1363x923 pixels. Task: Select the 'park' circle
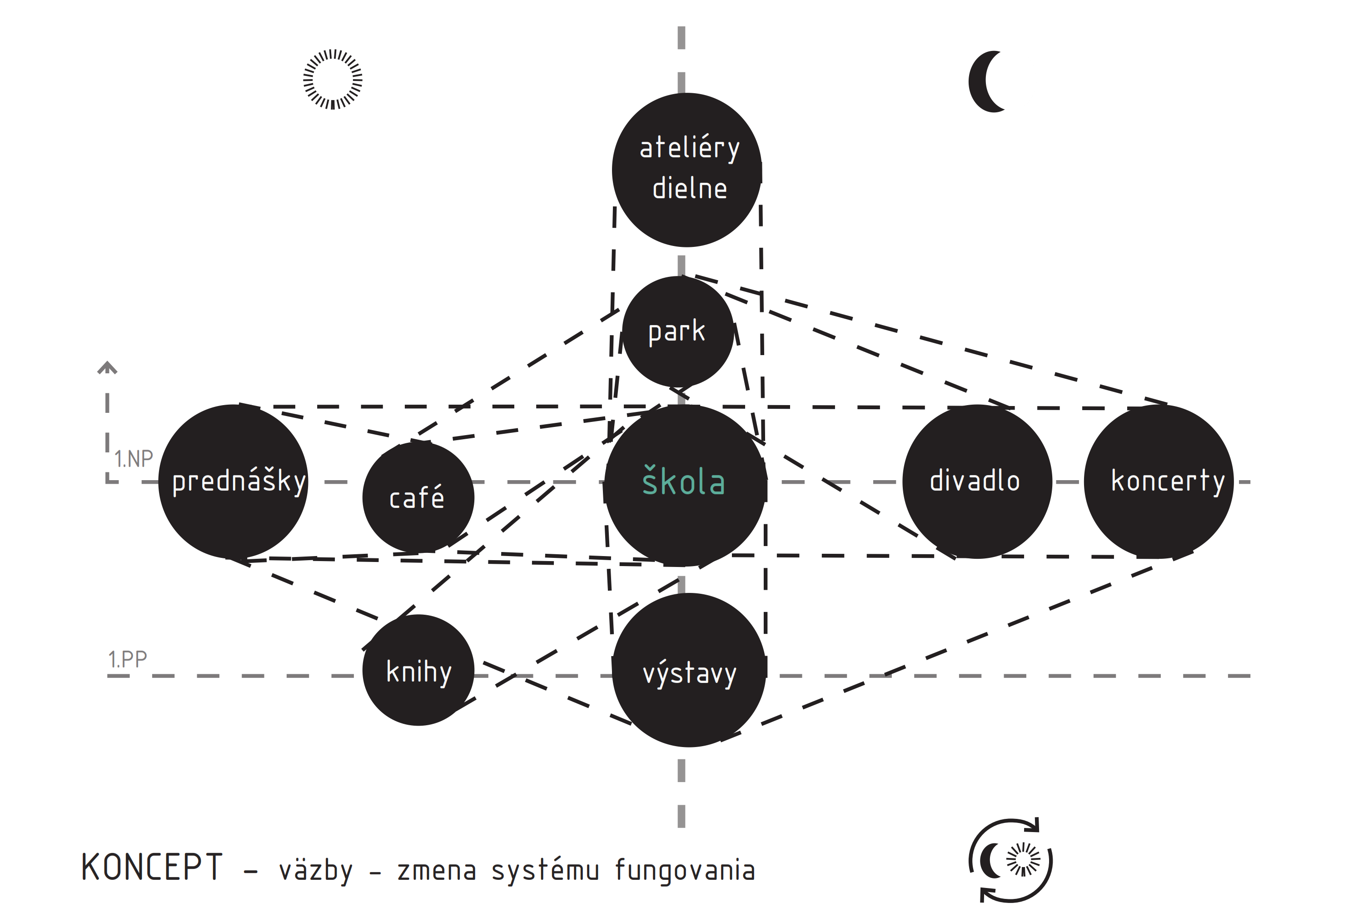point(677,331)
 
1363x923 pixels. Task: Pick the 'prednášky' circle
point(234,481)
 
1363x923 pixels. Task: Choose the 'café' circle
point(418,497)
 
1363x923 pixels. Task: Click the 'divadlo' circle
point(976,481)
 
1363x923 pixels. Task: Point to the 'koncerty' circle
point(1158,481)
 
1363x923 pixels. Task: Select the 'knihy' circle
point(418,670)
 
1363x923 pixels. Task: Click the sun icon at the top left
point(333,79)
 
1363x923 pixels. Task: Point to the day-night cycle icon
point(1010,860)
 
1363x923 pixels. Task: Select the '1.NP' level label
point(134,459)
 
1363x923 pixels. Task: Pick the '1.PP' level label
point(127,660)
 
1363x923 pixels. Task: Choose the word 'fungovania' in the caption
point(685,870)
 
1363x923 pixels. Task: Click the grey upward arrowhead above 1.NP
point(107,368)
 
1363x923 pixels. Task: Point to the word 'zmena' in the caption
point(437,871)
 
